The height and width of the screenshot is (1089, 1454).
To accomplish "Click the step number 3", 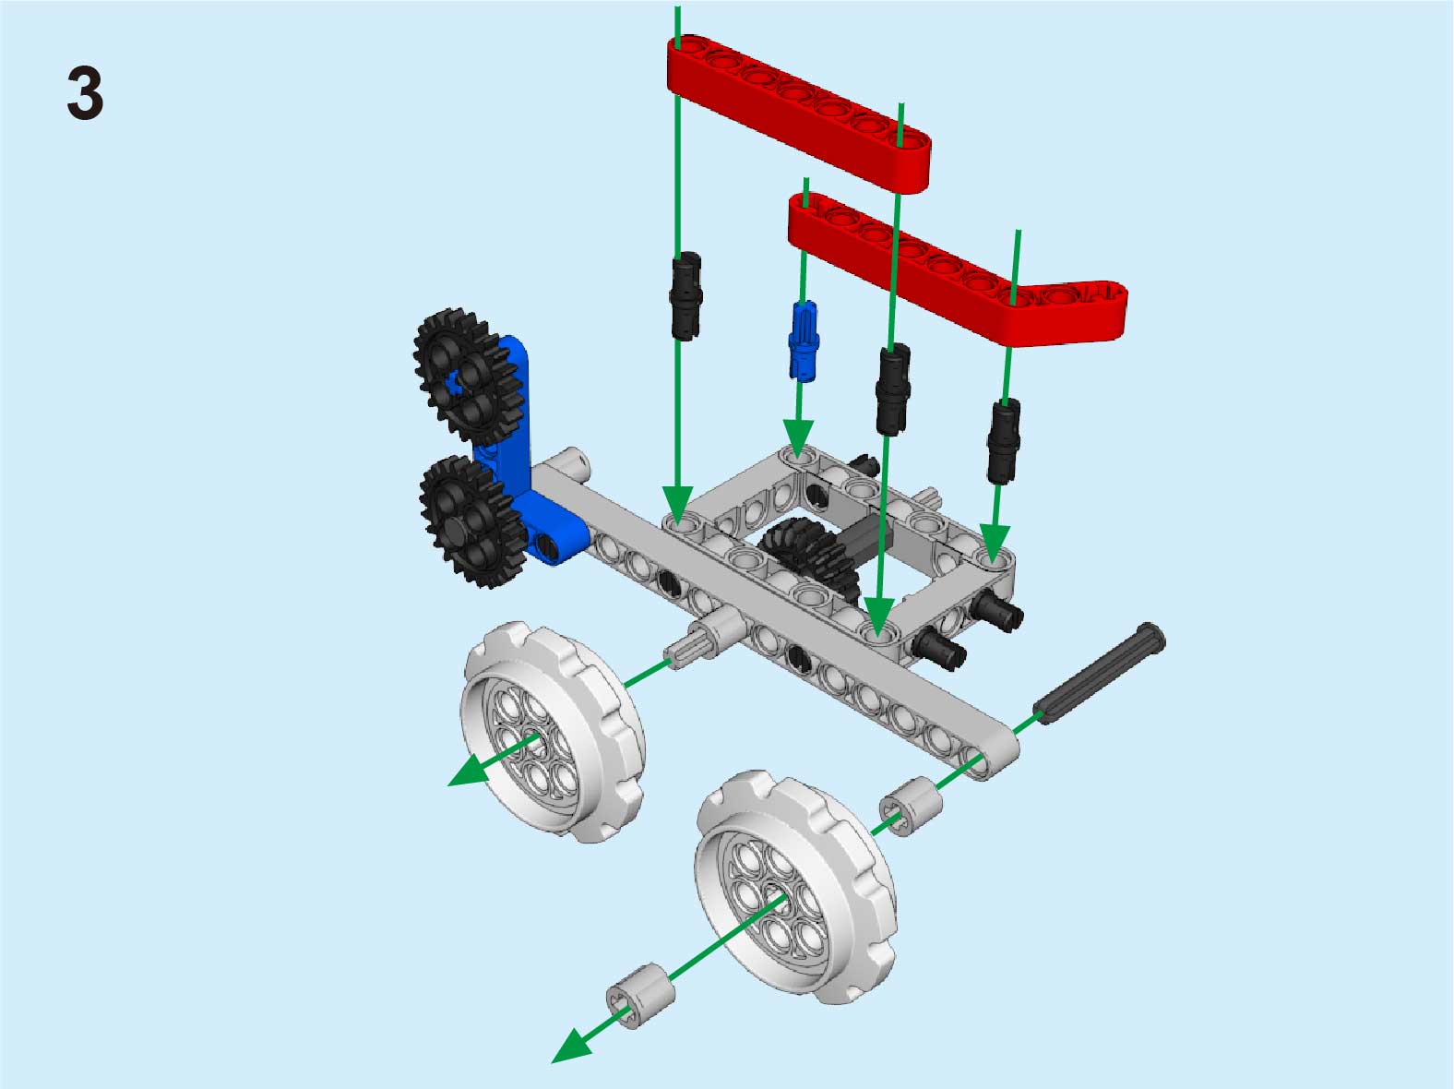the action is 86,93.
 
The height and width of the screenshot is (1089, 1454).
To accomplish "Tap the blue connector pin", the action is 804,341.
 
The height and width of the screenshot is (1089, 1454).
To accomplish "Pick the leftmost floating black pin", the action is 687,295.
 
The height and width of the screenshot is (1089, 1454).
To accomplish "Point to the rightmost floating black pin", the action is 1004,441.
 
